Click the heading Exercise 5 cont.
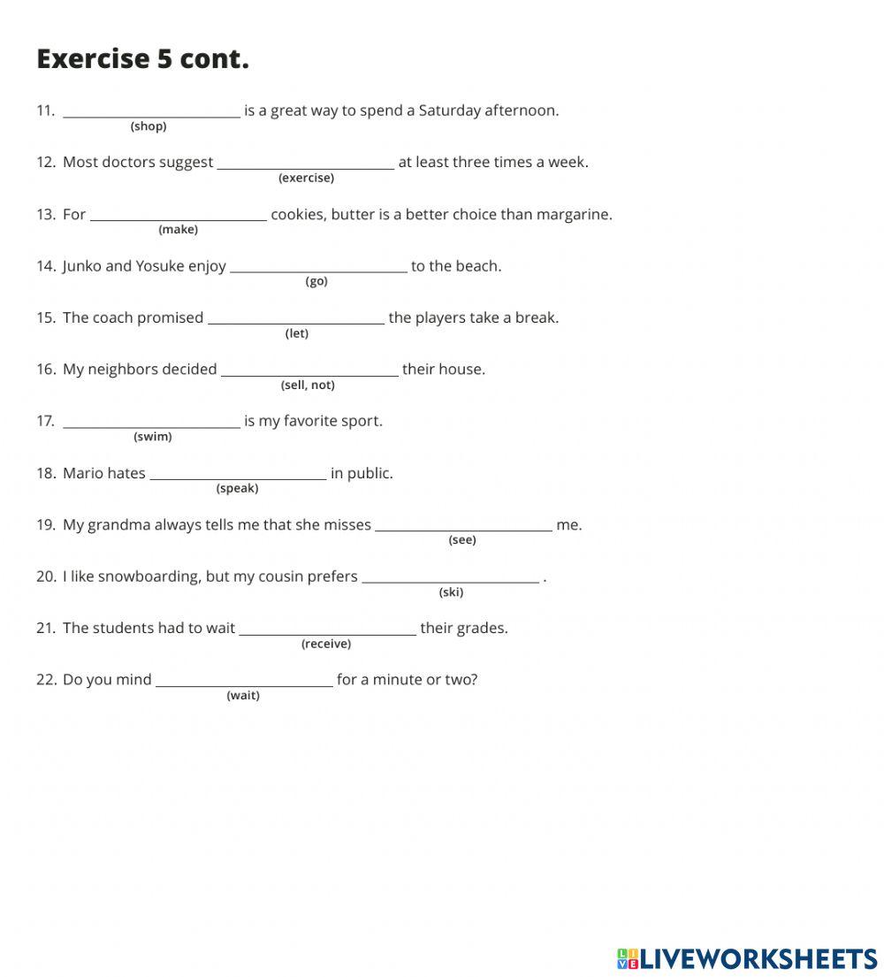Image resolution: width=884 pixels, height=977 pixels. pos(142,58)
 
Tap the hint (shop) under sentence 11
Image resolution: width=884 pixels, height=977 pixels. pos(149,126)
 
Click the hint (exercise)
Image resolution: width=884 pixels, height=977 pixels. pos(306,178)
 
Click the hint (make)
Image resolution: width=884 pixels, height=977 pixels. pos(178,230)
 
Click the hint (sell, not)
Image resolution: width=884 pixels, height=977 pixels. pos(308,385)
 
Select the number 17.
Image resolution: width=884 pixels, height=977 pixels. pos(45,421)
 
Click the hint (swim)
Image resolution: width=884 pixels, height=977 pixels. pos(153,437)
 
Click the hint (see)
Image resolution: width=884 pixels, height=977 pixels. pos(462,540)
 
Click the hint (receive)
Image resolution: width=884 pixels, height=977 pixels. pos(326,644)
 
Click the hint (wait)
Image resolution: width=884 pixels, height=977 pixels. pos(243,696)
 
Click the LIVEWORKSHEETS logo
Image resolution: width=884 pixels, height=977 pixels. pos(747,958)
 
